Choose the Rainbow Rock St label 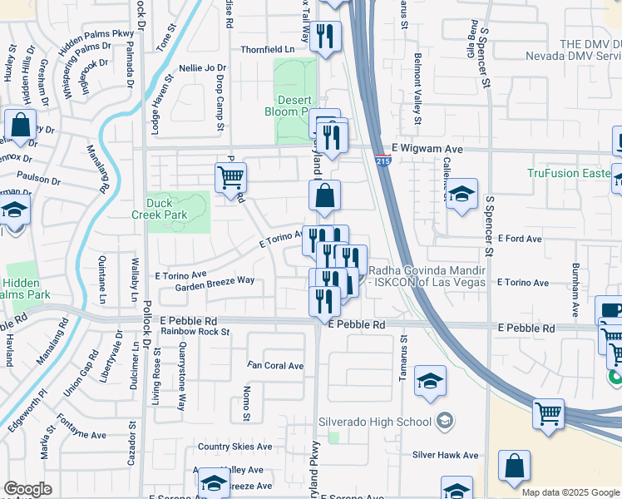[195, 331]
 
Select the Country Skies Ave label [234, 447]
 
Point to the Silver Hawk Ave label [446, 455]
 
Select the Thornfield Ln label [268, 50]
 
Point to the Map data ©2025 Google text [570, 492]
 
